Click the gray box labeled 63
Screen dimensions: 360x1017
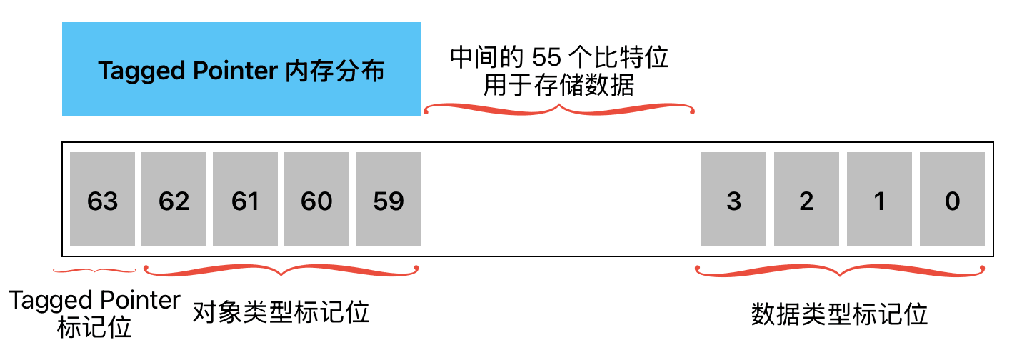(102, 199)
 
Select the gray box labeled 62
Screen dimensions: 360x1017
(174, 199)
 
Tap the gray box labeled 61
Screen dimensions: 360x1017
(245, 199)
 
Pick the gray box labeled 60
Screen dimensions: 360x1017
(316, 199)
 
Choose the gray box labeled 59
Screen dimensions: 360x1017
(388, 199)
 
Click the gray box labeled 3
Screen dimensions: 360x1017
(733, 199)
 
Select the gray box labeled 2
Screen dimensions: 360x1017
(806, 199)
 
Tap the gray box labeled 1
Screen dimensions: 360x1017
(879, 199)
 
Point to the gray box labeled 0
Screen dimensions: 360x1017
(952, 199)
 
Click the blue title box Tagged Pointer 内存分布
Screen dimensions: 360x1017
(241, 69)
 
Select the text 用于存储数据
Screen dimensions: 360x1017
(558, 86)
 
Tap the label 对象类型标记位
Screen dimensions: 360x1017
(281, 312)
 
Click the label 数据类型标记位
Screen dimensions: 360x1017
(839, 314)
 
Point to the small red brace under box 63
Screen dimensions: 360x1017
(95, 270)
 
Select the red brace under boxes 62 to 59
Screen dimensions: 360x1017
(281, 271)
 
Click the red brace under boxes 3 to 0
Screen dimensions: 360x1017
(840, 271)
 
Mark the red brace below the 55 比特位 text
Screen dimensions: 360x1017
(559, 109)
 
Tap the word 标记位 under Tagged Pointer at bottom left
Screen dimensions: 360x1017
(94, 328)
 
